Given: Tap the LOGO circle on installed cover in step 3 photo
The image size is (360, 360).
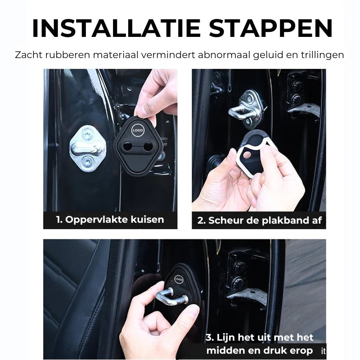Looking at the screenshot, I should (x=178, y=279).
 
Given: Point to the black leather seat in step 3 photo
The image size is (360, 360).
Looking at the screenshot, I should (x=72, y=288).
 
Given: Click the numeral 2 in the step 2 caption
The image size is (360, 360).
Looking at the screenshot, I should (x=201, y=221).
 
